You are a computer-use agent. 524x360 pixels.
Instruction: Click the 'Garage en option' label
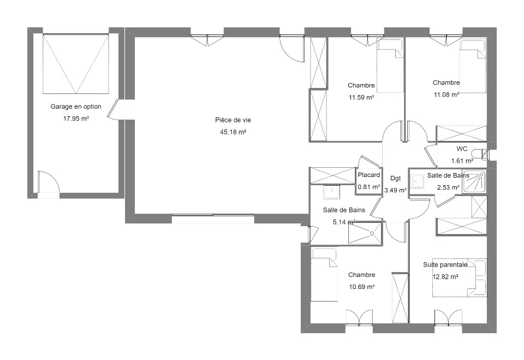pyautogui.click(x=76, y=107)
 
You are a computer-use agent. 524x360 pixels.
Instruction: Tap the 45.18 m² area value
pyautogui.click(x=233, y=132)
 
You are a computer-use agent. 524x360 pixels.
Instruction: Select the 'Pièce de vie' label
pyautogui.click(x=233, y=120)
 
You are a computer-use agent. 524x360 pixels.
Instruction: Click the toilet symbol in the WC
pyautogui.click(x=481, y=154)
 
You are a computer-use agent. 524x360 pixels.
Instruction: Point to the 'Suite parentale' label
pyautogui.click(x=445, y=264)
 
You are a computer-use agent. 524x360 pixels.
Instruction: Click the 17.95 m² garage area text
pyautogui.click(x=76, y=119)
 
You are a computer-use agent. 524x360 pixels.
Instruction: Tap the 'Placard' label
pyautogui.click(x=368, y=175)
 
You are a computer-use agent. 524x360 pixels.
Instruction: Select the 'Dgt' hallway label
pyautogui.click(x=395, y=178)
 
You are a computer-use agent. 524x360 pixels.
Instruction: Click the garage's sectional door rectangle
pyautogui.click(x=76, y=63)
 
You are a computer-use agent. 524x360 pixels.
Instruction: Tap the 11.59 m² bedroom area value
pyautogui.click(x=361, y=97)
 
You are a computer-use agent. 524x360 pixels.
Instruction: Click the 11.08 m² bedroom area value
pyautogui.click(x=446, y=95)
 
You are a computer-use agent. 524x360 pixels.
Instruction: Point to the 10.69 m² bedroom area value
pyautogui.click(x=361, y=287)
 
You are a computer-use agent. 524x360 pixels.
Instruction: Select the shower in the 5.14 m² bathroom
pyautogui.click(x=365, y=233)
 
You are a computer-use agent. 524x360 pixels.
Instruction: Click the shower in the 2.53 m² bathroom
pyautogui.click(x=474, y=181)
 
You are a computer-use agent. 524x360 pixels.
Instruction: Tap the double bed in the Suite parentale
pyautogui.click(x=460, y=278)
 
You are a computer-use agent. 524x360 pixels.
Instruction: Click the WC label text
pyautogui.click(x=462, y=149)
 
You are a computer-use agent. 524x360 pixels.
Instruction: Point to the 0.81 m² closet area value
pyautogui.click(x=368, y=187)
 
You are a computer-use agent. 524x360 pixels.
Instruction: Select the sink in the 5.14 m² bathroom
pyautogui.click(x=331, y=192)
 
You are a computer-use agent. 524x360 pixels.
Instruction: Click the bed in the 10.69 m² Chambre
pyautogui.click(x=324, y=274)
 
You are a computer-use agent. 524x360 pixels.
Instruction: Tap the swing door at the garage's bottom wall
pyautogui.click(x=49, y=182)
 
